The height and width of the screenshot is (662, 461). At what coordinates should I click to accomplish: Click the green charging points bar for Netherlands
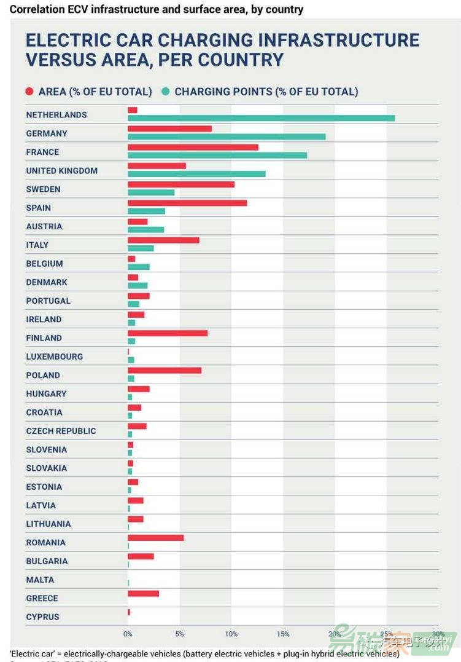point(261,118)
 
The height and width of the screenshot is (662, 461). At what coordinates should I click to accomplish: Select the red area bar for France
point(193,148)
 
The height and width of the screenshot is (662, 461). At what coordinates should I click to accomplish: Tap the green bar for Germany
point(227,136)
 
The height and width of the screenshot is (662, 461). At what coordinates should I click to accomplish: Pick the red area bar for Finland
point(168,333)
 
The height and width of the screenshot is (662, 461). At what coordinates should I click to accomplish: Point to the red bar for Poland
point(165,370)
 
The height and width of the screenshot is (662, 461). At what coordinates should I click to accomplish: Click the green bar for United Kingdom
point(196,174)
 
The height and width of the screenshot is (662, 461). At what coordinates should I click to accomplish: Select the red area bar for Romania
point(155,538)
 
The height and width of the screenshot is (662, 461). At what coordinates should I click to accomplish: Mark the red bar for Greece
point(143,593)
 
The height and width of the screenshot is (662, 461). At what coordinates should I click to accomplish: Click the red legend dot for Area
point(29,92)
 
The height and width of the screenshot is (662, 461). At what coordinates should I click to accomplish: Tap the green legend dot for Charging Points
point(166,92)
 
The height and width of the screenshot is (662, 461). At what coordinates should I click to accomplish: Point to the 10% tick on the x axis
point(231,634)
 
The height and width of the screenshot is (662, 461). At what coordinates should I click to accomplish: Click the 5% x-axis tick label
point(179,634)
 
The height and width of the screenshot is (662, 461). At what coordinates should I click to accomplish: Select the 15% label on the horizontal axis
point(283,634)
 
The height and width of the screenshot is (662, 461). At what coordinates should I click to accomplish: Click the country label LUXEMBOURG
point(54,357)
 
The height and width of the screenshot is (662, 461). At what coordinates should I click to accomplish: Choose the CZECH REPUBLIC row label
point(61,431)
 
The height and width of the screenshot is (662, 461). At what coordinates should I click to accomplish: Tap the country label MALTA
point(40,580)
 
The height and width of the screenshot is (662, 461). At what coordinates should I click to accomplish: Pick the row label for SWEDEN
point(43,189)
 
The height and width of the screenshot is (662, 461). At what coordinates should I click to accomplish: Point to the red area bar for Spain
point(187,203)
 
